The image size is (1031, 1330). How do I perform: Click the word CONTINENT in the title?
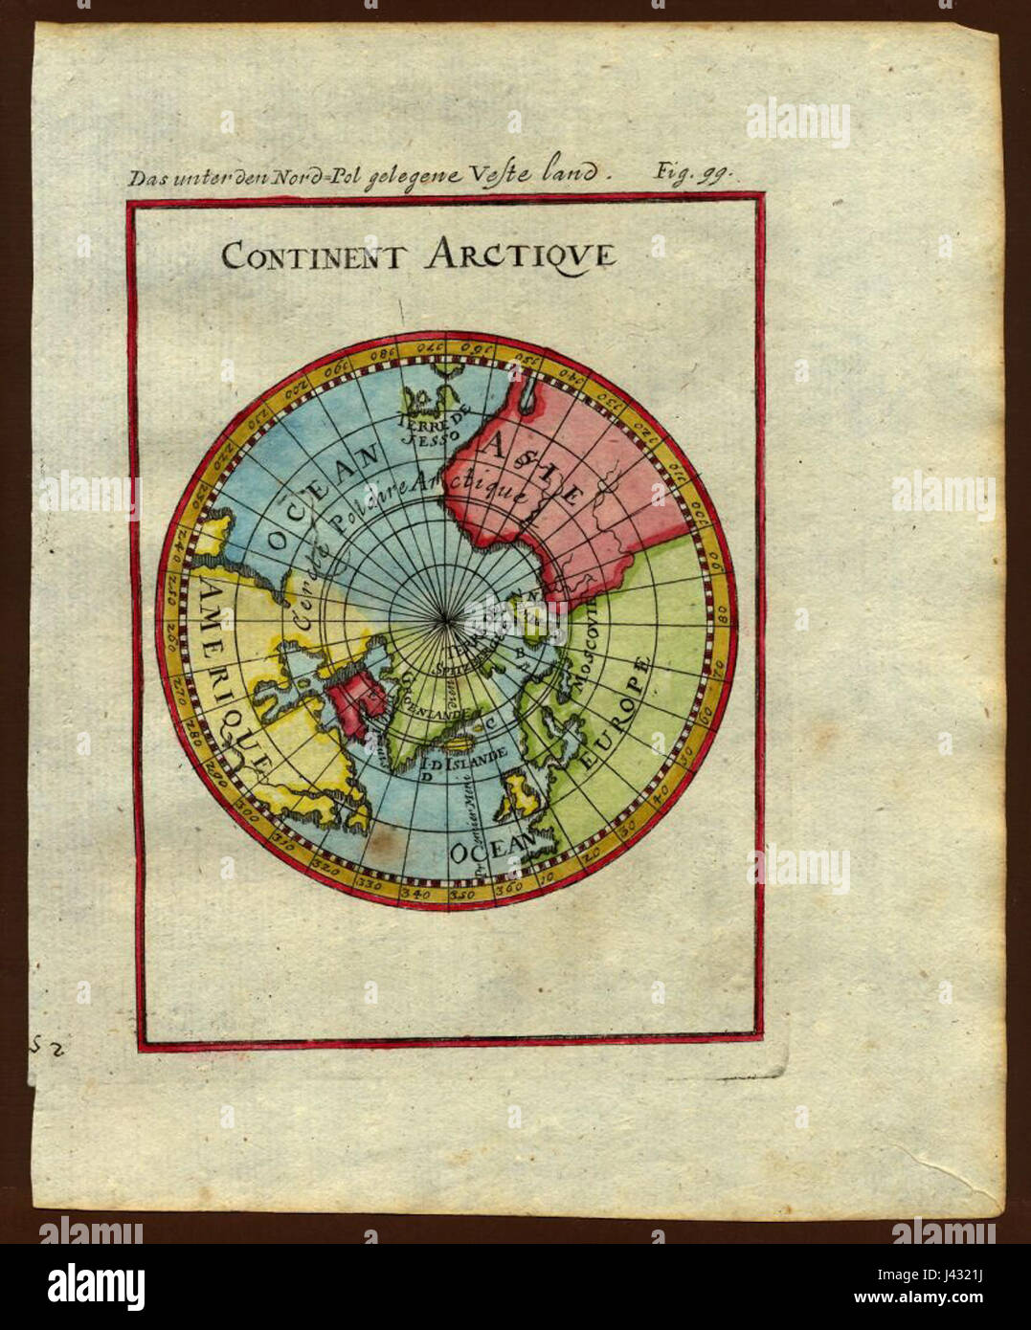click(315, 256)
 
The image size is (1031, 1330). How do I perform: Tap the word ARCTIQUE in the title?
click(520, 256)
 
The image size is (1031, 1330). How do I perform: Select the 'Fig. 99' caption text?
click(691, 172)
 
